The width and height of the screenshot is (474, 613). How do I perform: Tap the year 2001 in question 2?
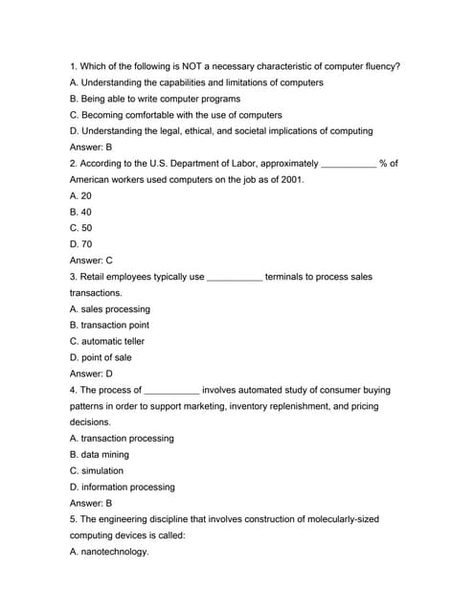(285, 180)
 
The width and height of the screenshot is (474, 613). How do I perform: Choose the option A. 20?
(80, 195)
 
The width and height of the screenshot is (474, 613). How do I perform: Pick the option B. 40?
(80, 212)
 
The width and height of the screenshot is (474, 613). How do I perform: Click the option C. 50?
(81, 228)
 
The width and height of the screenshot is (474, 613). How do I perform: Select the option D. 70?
(81, 244)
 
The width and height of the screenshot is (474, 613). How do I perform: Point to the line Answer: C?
(92, 261)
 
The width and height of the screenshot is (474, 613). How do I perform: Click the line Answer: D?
(92, 374)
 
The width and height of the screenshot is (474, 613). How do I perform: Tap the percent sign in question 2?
(383, 164)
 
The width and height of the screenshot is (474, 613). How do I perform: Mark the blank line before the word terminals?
(235, 279)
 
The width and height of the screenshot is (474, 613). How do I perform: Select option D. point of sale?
(102, 357)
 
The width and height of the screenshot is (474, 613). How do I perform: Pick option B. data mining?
(100, 454)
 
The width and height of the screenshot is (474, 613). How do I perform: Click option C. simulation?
(97, 470)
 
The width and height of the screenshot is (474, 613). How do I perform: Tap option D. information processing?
(123, 487)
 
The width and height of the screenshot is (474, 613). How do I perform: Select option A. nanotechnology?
(110, 552)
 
